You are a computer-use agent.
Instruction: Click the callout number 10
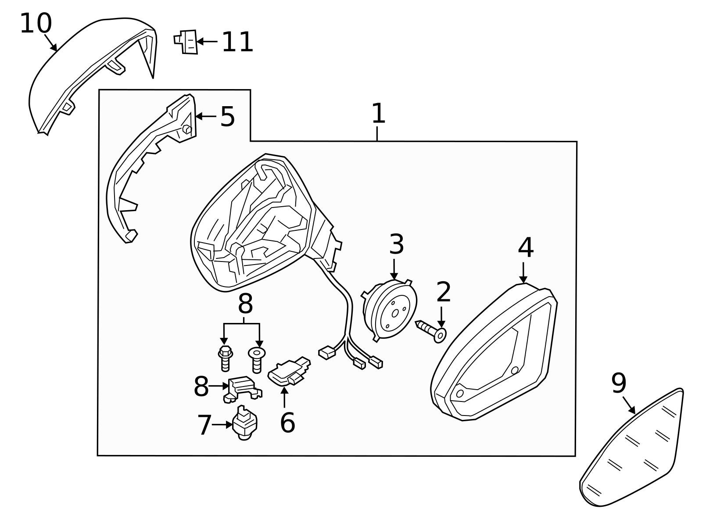pyautogui.click(x=36, y=24)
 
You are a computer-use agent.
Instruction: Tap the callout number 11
pyautogui.click(x=237, y=43)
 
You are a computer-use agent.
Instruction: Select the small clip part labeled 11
pyautogui.click(x=187, y=42)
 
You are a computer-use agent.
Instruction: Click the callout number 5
pyautogui.click(x=227, y=117)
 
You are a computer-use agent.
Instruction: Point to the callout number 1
pyautogui.click(x=378, y=114)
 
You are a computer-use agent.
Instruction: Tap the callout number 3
pyautogui.click(x=396, y=245)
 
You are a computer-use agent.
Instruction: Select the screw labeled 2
pyautogui.click(x=430, y=330)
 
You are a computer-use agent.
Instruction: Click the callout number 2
pyautogui.click(x=444, y=293)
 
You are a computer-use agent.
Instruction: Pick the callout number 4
pyautogui.click(x=525, y=248)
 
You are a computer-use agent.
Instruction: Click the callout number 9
pyautogui.click(x=619, y=383)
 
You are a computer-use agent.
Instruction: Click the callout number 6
pyautogui.click(x=287, y=423)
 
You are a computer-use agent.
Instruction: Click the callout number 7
pyautogui.click(x=204, y=425)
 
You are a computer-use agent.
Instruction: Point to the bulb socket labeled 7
pyautogui.click(x=244, y=423)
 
